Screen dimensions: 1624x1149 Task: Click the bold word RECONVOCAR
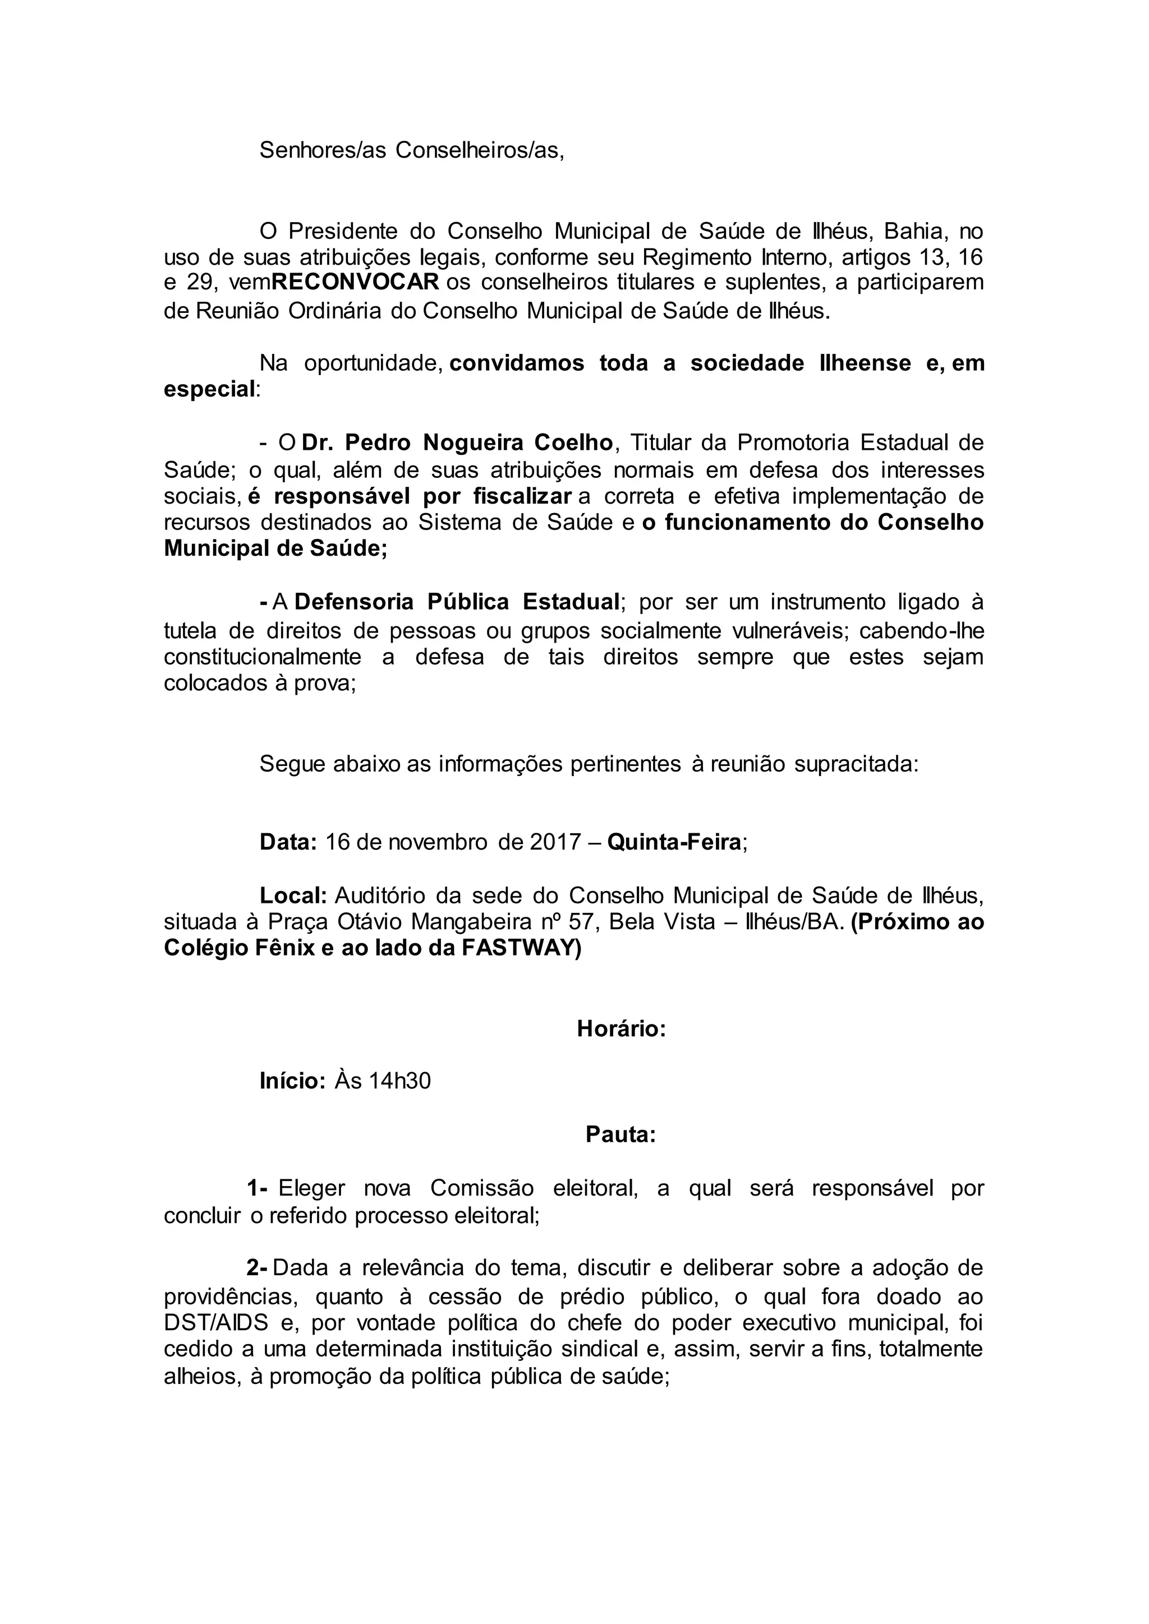point(355,282)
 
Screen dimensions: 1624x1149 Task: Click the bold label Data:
point(288,842)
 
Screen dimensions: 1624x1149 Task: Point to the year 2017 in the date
point(555,842)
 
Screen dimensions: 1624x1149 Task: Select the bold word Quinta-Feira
point(674,842)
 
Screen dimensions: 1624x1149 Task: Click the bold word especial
point(209,389)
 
